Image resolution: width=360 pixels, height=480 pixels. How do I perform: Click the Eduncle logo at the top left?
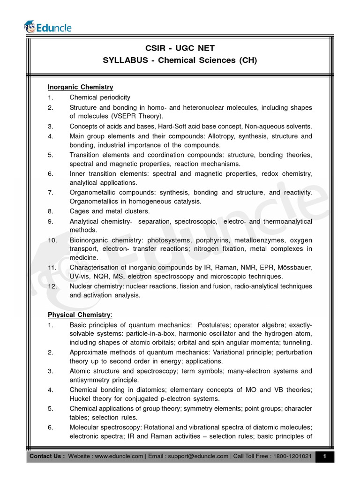[48, 27]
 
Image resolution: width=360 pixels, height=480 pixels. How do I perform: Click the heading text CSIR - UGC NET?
[180, 49]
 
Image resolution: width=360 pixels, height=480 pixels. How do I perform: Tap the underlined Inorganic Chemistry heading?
[80, 87]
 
